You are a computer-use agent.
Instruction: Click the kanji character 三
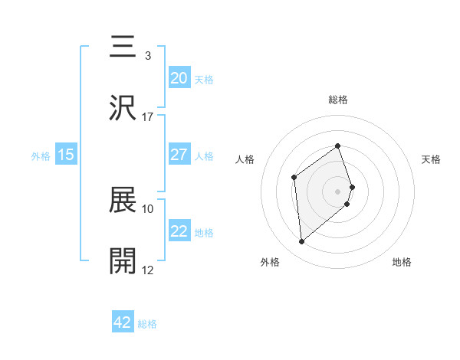coord(123,47)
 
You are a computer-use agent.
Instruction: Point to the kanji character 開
coord(123,260)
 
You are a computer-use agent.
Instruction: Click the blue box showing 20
coord(179,77)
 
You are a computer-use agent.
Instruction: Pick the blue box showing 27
coord(179,154)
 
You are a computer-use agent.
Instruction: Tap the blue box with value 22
coord(179,231)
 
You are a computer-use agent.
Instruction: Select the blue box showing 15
coord(66,154)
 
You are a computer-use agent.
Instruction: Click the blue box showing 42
coord(123,322)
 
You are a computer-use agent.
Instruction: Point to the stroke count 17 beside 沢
coord(147,117)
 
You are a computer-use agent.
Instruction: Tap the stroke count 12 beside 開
coord(147,270)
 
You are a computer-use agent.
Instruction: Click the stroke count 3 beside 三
coord(147,56)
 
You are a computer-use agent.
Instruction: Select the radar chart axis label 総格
coord(338,100)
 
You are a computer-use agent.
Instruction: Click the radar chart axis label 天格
coord(431,159)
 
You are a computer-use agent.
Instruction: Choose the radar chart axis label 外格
coord(270,263)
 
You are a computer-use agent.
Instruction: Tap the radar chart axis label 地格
coord(402,263)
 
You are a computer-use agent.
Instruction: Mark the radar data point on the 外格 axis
coord(302,242)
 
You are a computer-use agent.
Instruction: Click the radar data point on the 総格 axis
coord(338,146)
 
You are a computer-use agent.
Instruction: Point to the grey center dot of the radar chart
coord(338,190)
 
